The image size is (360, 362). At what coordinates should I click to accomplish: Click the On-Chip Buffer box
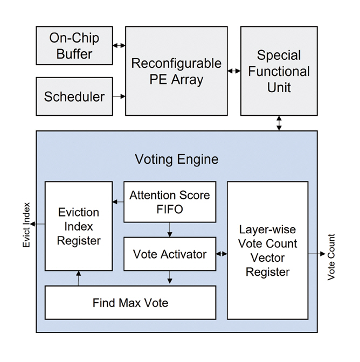(x=74, y=46)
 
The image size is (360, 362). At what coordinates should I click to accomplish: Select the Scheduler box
(x=74, y=96)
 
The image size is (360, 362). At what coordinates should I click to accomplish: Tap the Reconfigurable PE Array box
(x=176, y=71)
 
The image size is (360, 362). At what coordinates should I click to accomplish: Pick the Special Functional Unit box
(x=279, y=71)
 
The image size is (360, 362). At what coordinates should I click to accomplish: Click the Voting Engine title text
(x=177, y=159)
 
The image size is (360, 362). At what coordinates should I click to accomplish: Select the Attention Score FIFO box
(x=170, y=202)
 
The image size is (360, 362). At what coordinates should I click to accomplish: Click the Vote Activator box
(x=170, y=254)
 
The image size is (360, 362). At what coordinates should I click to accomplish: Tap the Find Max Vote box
(x=130, y=302)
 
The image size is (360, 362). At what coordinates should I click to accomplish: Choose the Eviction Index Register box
(x=79, y=226)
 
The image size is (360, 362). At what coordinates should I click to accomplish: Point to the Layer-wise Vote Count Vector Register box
(x=267, y=250)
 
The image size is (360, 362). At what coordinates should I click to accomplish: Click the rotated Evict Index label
(x=26, y=226)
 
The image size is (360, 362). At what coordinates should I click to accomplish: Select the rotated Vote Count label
(x=331, y=256)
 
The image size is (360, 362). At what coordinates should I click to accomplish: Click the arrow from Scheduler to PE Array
(x=119, y=96)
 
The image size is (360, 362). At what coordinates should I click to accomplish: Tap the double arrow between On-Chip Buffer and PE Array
(x=119, y=46)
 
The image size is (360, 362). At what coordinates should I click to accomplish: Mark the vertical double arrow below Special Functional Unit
(x=279, y=123)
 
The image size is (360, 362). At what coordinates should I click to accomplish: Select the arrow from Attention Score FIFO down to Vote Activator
(x=170, y=229)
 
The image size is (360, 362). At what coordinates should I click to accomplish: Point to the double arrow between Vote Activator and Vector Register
(x=221, y=254)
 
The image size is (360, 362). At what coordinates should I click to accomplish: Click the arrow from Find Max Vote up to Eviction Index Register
(x=79, y=278)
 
